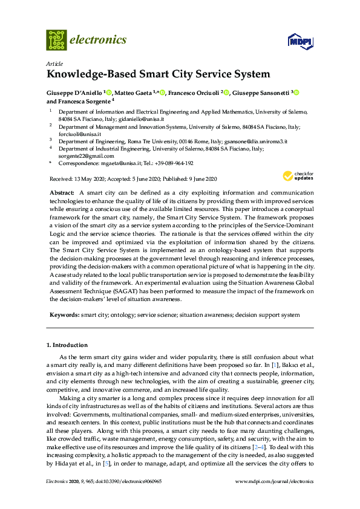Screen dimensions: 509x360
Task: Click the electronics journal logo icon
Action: click(56, 40)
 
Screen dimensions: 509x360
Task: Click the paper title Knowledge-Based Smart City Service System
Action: click(158, 75)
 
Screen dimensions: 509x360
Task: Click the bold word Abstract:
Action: click(62, 192)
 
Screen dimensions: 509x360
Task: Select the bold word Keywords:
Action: click(64, 315)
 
